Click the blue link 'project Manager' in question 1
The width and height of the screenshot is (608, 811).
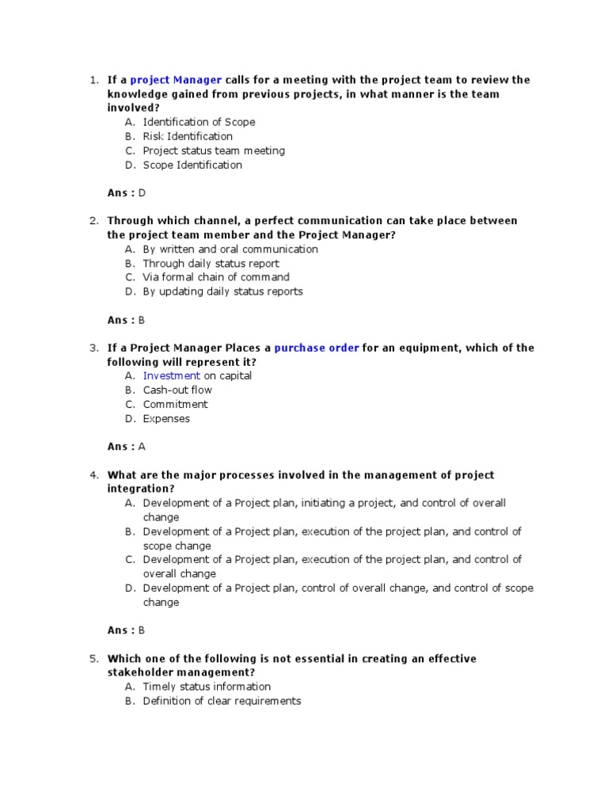176,80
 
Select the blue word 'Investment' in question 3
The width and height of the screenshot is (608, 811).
172,376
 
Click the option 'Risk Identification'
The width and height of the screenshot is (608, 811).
188,136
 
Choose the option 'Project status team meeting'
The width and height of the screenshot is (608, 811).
214,150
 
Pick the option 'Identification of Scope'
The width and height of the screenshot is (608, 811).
199,122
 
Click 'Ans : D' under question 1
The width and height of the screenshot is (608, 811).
127,192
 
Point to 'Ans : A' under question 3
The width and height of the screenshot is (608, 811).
127,447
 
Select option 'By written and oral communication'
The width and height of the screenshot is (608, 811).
230,249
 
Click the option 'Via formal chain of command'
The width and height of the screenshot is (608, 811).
216,277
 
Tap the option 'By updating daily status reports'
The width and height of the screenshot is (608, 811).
222,291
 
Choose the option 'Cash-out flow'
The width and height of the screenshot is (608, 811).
177,390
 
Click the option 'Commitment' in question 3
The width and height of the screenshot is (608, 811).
176,405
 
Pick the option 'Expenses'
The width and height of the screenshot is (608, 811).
166,419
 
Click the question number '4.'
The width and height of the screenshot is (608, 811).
93,475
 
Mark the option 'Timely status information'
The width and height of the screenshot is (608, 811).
207,687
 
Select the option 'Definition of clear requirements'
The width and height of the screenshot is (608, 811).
222,701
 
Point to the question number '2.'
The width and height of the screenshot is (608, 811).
93,221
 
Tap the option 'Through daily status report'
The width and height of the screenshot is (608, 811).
211,264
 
